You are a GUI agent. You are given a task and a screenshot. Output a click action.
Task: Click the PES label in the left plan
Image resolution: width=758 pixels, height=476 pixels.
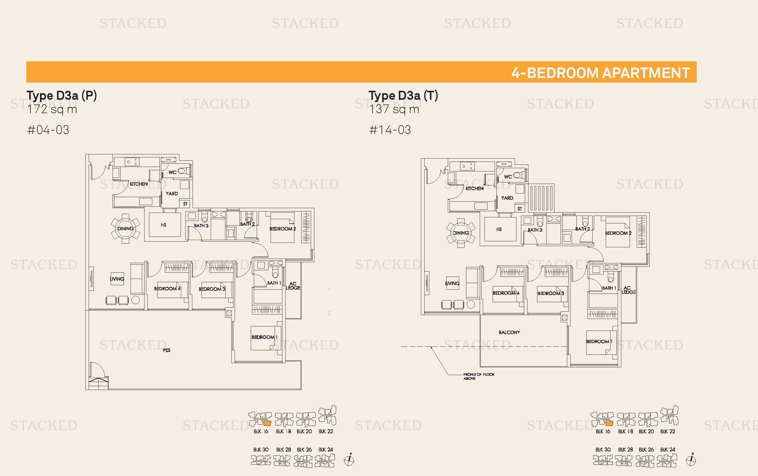click(x=167, y=350)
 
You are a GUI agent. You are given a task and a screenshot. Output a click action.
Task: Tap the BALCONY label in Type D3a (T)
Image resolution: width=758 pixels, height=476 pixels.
click(x=509, y=332)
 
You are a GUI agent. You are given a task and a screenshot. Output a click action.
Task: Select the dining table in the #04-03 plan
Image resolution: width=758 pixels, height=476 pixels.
click(x=125, y=228)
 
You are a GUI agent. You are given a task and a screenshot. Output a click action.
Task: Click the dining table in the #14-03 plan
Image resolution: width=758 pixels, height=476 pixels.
click(x=461, y=233)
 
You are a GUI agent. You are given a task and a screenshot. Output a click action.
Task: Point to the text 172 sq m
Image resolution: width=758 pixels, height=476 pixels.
click(x=52, y=109)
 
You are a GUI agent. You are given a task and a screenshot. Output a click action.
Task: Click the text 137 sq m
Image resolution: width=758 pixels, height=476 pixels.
click(x=394, y=109)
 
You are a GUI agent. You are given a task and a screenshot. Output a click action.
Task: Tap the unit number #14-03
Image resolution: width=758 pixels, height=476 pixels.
click(x=390, y=130)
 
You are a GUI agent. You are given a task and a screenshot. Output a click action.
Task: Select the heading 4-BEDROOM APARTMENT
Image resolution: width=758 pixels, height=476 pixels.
click(x=600, y=73)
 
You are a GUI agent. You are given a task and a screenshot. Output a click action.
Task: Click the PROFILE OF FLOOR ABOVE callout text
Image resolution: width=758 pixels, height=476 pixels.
click(x=478, y=376)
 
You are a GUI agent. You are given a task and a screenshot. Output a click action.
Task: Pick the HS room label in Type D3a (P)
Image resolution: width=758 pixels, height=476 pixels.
click(x=163, y=225)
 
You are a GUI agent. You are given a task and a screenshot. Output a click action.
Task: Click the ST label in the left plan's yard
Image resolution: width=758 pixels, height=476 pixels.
click(x=185, y=204)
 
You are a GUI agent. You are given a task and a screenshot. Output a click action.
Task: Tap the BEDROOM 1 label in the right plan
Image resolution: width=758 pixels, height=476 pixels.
click(x=599, y=342)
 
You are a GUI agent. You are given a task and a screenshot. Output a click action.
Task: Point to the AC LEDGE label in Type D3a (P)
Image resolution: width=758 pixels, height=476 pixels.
click(x=293, y=285)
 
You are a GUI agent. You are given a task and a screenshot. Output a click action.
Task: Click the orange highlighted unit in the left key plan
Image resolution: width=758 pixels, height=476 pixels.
click(x=267, y=423)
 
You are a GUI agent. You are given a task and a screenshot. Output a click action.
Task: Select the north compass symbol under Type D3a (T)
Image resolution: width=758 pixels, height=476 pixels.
click(x=691, y=460)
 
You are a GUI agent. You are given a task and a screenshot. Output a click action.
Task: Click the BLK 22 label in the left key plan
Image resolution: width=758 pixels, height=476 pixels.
click(x=325, y=431)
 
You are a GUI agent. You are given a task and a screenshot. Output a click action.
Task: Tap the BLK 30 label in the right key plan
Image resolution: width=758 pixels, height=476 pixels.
click(x=602, y=449)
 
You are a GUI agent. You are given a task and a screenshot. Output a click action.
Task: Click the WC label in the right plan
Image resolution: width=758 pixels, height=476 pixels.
click(x=508, y=176)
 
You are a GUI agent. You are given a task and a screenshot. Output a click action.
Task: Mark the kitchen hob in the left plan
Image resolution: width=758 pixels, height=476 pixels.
click(x=132, y=162)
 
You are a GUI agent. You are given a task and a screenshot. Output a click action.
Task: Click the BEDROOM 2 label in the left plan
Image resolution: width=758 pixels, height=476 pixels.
click(x=282, y=228)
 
